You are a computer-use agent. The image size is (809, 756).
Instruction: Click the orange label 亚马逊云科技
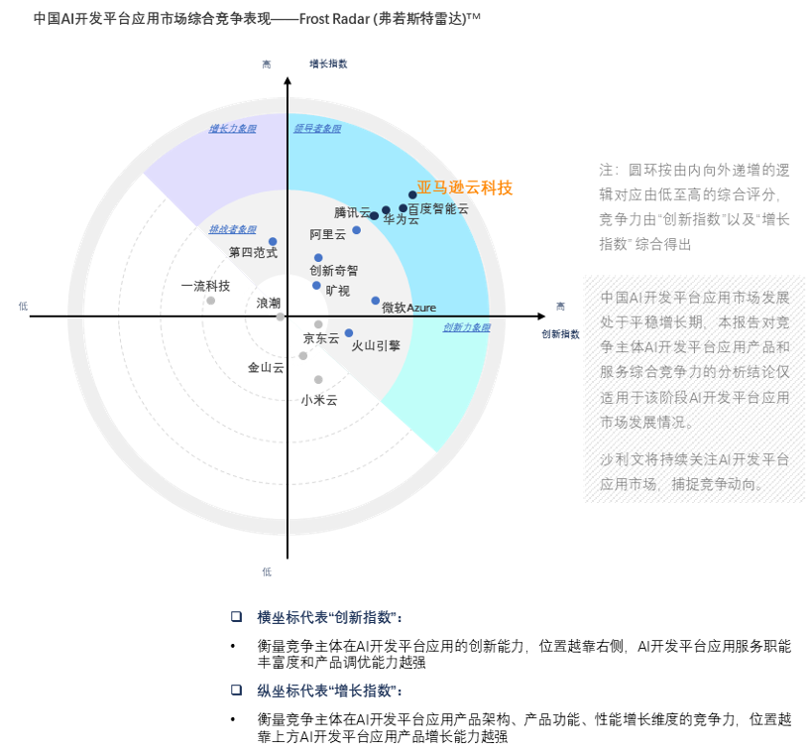(464, 188)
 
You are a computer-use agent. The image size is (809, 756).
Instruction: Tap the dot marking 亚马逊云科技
(412, 195)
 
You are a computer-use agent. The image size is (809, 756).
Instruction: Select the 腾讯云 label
(351, 212)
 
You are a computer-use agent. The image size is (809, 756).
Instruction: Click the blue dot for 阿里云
(357, 230)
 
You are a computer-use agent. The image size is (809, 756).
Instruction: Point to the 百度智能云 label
(437, 208)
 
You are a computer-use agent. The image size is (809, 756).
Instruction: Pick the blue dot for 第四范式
(273, 242)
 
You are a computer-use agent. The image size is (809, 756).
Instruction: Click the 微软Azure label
(408, 308)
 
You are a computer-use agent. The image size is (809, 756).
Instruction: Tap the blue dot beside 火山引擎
(349, 333)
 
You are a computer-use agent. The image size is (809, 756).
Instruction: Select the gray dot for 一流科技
(210, 301)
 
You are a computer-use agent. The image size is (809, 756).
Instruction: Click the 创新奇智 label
(334, 270)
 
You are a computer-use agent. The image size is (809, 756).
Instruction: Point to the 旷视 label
(337, 291)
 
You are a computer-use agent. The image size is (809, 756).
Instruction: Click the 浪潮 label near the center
(269, 303)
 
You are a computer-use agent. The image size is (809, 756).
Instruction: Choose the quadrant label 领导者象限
(317, 129)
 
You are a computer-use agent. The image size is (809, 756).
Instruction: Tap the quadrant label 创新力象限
(466, 327)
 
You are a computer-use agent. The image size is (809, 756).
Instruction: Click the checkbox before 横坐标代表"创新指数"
(236, 616)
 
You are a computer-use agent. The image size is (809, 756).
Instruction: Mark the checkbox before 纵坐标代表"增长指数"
(236, 690)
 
